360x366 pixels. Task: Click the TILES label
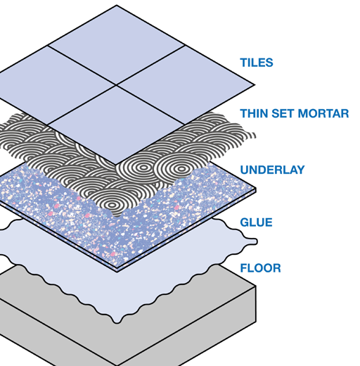pos(257,63)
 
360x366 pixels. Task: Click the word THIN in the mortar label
pos(254,113)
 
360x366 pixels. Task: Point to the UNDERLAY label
pos(272,170)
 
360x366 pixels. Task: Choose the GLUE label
pos(256,222)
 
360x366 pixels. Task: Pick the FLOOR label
pos(260,268)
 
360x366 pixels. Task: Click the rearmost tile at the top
pos(117,44)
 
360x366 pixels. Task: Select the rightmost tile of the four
pos(186,85)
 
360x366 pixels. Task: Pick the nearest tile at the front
pos(116,125)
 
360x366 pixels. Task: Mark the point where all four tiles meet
pos(116,84)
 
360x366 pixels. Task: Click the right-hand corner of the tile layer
pos(255,85)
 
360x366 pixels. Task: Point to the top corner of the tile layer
pos(117,5)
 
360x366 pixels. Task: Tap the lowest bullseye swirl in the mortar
pos(112,205)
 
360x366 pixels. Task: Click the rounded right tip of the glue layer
pos(255,241)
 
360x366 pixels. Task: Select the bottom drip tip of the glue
pos(117,322)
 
